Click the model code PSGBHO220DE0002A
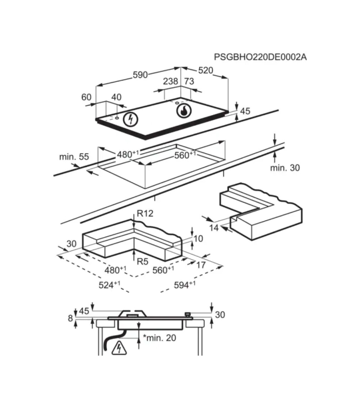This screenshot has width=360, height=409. click(x=260, y=57)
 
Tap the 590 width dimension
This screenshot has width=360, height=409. click(x=140, y=75)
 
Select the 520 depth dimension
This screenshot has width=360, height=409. click(x=206, y=70)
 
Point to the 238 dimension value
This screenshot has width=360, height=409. click(x=170, y=81)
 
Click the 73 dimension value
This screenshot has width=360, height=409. click(x=189, y=81)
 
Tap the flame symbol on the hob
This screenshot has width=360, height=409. click(x=184, y=111)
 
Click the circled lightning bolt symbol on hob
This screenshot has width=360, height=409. click(x=130, y=119)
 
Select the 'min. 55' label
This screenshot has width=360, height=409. click(x=74, y=157)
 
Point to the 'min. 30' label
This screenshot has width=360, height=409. click(x=285, y=168)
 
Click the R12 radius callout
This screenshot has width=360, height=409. click(x=145, y=214)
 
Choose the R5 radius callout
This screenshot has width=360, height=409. click(x=142, y=261)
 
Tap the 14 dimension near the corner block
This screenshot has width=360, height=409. click(x=214, y=228)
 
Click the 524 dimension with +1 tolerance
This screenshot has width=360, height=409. click(x=110, y=284)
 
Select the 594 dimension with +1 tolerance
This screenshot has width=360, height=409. click(x=185, y=284)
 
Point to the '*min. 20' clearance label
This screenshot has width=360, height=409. click(x=159, y=338)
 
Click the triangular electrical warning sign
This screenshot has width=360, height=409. click(x=119, y=348)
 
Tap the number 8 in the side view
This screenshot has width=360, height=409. click(x=70, y=318)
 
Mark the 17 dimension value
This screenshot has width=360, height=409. click(x=201, y=265)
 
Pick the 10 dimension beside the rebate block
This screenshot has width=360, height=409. click(x=199, y=238)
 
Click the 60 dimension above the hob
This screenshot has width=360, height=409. click(x=86, y=97)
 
